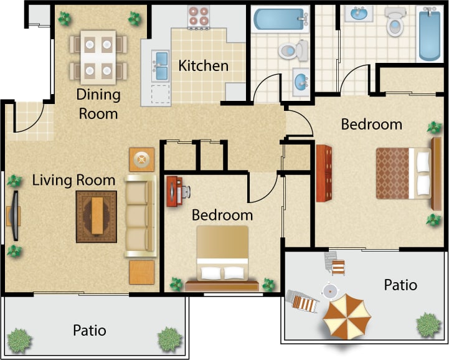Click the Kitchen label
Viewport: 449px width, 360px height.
203,65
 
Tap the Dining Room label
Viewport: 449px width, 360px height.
97,104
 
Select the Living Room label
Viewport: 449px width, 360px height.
73,181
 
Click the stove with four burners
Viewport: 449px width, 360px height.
198,17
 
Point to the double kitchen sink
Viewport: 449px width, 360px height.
161,66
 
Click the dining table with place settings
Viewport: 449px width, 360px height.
98,57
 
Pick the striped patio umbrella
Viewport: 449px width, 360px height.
346,315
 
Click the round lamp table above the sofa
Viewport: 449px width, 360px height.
142,160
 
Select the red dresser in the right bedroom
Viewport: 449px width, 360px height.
324,173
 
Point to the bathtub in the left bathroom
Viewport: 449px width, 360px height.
280,19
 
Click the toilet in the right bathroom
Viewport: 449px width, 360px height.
394,22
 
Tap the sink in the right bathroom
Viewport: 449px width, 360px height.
361,13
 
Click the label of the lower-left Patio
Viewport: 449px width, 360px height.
89,329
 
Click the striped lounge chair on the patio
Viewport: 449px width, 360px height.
305,303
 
